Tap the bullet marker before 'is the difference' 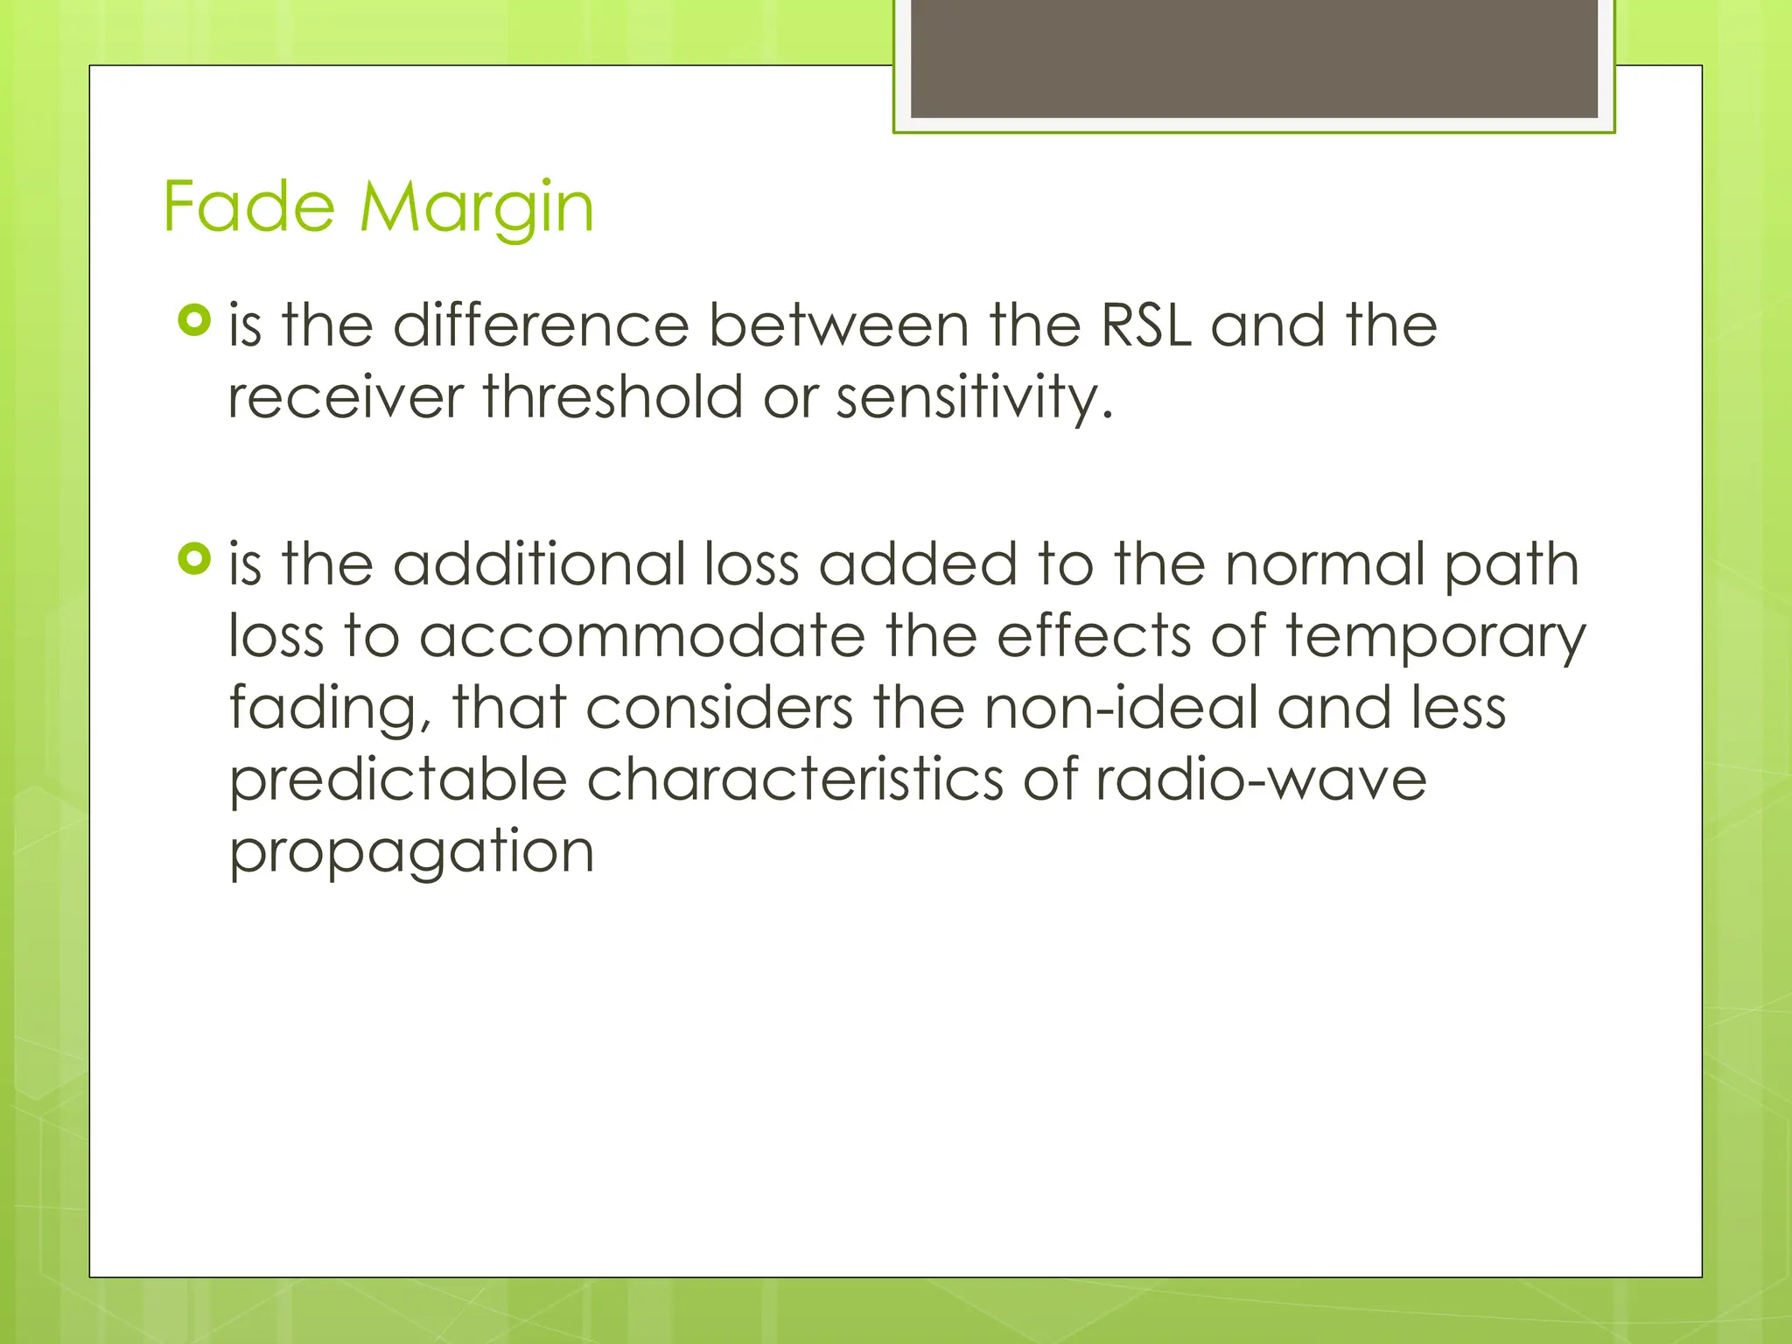coord(194,320)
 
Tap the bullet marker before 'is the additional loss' coord(194,558)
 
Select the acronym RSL coord(1146,325)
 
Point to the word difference coord(541,325)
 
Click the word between coord(838,325)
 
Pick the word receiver coord(346,397)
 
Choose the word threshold coord(612,397)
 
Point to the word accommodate coord(642,636)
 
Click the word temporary coord(1435,638)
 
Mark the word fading coord(330,710)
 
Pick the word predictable coord(398,780)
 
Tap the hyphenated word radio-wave coord(1260,780)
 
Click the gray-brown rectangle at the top coord(1254,59)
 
